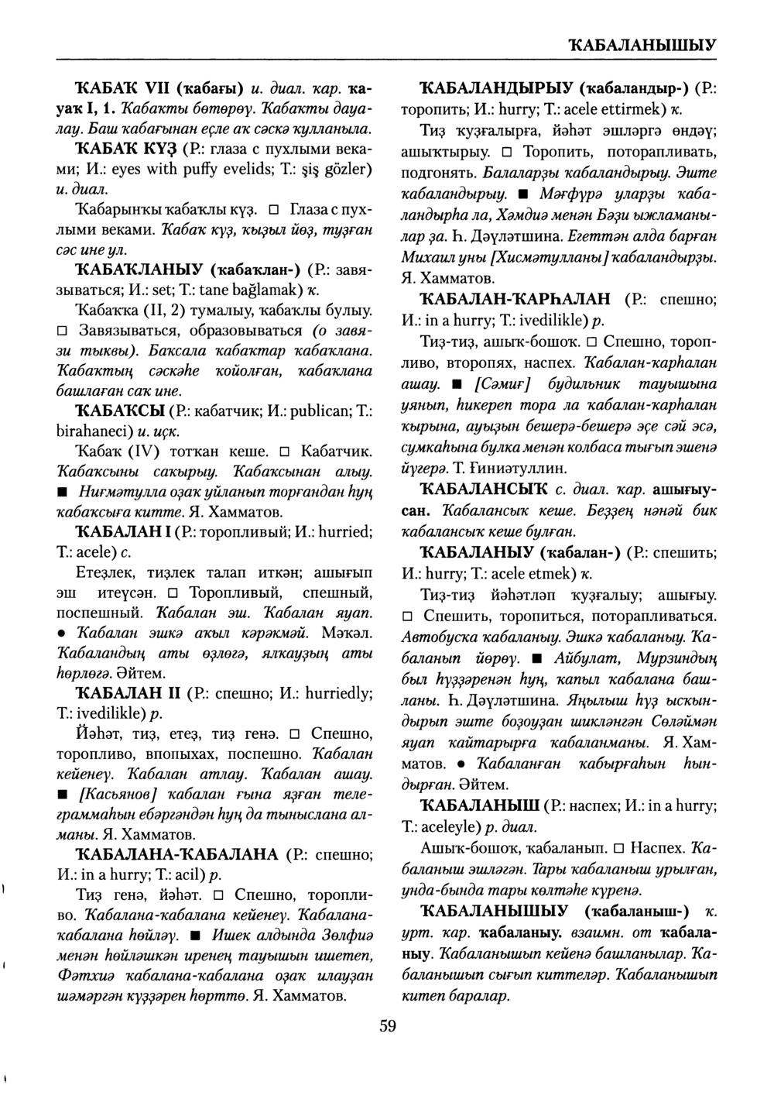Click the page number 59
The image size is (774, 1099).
point(388,1026)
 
